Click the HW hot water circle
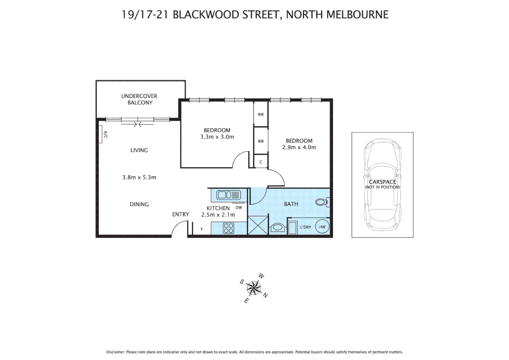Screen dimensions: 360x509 (322, 227)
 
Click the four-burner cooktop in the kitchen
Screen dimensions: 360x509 (229, 228)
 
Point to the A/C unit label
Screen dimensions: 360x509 (105, 134)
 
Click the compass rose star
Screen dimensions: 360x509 (254, 288)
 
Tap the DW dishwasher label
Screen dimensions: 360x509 (239, 207)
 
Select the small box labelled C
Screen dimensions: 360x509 (261, 162)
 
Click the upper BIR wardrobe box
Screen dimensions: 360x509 (261, 114)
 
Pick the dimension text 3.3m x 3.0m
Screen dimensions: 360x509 (217, 137)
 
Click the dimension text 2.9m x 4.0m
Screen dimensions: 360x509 (299, 147)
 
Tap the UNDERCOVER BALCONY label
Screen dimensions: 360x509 (139, 99)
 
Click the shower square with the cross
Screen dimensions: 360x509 (258, 225)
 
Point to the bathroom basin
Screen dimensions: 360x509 (277, 228)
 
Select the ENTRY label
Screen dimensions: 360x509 (181, 214)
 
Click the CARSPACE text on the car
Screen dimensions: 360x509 (382, 182)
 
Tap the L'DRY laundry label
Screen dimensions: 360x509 (305, 227)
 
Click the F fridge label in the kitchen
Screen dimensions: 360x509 (202, 229)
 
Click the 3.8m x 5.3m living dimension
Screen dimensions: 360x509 (139, 177)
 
